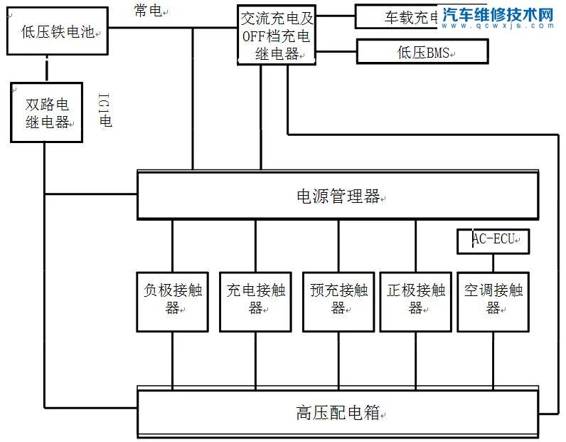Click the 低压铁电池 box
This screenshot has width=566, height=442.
click(x=58, y=31)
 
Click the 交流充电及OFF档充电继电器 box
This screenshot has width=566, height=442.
click(x=277, y=36)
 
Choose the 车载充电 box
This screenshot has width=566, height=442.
click(x=402, y=18)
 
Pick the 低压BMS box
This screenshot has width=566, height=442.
click(x=422, y=52)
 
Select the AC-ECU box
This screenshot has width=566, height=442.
click(x=492, y=241)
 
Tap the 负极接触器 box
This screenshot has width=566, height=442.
click(x=173, y=300)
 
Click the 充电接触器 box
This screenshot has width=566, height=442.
click(x=255, y=300)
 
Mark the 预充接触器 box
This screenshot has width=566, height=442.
click(x=338, y=300)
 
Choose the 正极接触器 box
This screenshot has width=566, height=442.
click(x=415, y=300)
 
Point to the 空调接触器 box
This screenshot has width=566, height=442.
click(x=493, y=300)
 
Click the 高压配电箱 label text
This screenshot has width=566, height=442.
click(x=337, y=412)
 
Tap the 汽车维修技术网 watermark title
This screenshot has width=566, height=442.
click(x=497, y=14)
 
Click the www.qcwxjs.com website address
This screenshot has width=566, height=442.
click(x=497, y=26)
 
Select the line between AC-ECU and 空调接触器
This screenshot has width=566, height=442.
click(x=493, y=262)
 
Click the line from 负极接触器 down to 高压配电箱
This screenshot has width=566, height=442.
click(x=173, y=359)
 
